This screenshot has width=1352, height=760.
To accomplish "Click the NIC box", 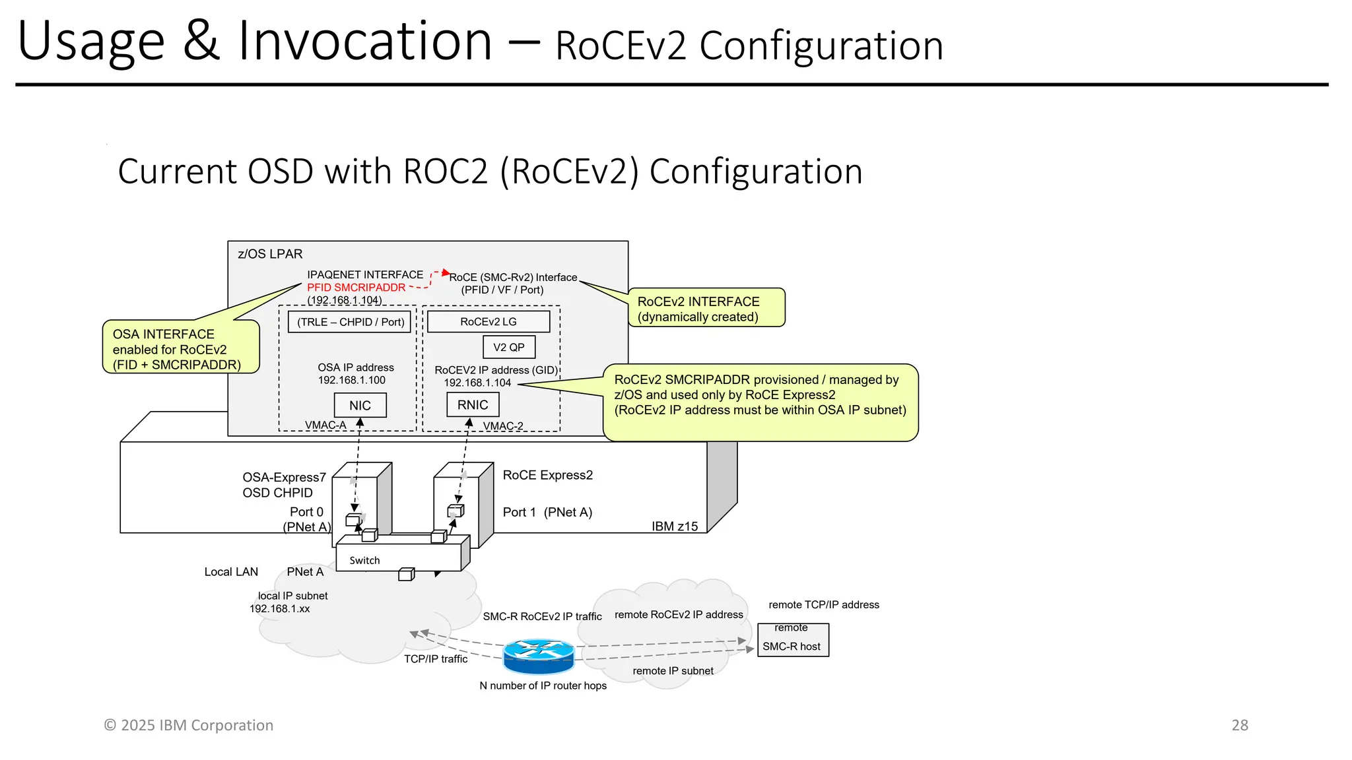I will click(x=360, y=405).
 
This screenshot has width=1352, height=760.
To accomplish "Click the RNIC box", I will click(x=473, y=404).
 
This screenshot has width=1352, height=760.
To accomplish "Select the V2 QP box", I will click(x=508, y=347).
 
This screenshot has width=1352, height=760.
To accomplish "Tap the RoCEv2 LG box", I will click(x=489, y=321).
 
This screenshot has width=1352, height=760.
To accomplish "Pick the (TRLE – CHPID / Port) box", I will click(x=350, y=322).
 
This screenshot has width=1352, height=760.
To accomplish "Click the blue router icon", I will click(x=539, y=655).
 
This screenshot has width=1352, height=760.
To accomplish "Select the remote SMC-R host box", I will click(x=792, y=640).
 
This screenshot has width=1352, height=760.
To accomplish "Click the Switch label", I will click(x=364, y=560).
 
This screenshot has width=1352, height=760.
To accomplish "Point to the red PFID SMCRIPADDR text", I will click(x=356, y=288).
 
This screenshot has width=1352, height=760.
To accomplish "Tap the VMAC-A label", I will click(x=325, y=425).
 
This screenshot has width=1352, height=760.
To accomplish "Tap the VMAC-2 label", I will click(x=503, y=426).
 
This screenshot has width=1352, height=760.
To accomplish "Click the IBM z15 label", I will click(x=674, y=526).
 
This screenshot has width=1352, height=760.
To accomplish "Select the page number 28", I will click(x=1239, y=725).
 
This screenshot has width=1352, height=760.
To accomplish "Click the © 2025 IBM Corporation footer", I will click(x=188, y=725).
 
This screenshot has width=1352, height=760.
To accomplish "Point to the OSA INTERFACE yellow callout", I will click(x=180, y=348).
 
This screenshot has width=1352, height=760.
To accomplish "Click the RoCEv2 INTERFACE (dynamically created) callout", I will click(x=706, y=308).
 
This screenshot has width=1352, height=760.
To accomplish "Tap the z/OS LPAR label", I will click(x=270, y=254).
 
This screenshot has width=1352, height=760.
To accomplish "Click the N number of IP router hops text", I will click(x=543, y=685).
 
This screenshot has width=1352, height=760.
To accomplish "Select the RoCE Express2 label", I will click(x=547, y=475).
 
